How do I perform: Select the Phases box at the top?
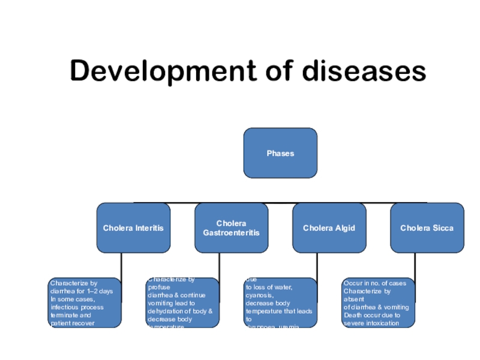(280, 153)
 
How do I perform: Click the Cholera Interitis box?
(133, 228)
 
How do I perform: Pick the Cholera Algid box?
(329, 228)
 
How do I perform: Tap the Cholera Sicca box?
(427, 228)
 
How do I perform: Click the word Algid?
(345, 228)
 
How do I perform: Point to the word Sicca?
(443, 228)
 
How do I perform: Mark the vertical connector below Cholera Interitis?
(121, 265)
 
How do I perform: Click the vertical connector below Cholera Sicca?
(415, 265)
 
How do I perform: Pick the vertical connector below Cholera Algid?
(317, 265)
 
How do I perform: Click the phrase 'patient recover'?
(73, 323)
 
